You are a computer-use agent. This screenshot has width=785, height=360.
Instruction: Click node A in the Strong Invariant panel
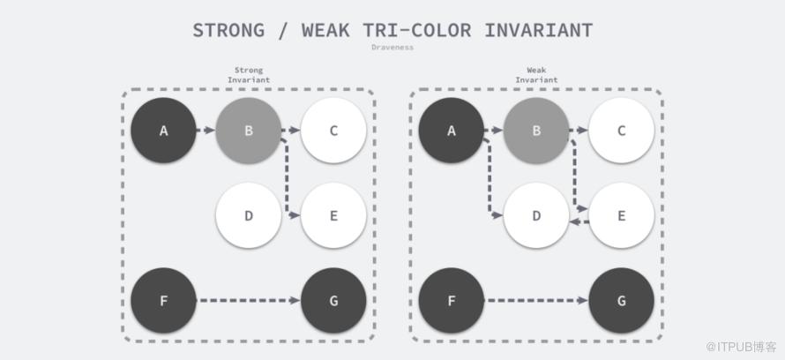tap(163, 131)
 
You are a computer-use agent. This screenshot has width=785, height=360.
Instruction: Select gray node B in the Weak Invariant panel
tap(536, 131)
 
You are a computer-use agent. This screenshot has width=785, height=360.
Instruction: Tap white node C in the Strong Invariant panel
tap(333, 131)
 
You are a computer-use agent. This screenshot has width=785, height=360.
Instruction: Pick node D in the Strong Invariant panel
tap(249, 215)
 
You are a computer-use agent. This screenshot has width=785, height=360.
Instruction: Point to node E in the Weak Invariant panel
tap(621, 215)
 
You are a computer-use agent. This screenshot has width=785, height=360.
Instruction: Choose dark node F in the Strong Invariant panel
tap(163, 300)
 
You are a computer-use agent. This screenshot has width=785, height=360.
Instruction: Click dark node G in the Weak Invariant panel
tap(621, 300)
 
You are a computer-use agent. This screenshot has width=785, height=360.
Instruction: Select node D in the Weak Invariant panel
tap(536, 215)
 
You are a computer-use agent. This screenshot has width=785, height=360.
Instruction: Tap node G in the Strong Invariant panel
tap(333, 300)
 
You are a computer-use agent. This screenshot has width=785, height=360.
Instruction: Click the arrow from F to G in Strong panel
tap(250, 300)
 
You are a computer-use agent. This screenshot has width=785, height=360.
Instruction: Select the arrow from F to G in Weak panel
tap(537, 300)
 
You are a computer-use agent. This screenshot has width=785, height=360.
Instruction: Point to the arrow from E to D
tap(579, 221)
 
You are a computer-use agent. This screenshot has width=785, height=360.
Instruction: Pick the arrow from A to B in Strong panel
tap(206, 131)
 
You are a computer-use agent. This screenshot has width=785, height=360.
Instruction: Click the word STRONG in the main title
tap(228, 31)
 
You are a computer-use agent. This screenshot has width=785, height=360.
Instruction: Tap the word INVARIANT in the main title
tap(539, 31)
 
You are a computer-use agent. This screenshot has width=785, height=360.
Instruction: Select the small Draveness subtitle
tap(392, 47)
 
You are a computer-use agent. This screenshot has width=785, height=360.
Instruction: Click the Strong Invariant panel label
tap(249, 75)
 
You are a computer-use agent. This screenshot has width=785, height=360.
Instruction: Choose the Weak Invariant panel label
tap(536, 75)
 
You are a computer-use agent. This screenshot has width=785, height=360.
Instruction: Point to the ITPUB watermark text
tap(741, 347)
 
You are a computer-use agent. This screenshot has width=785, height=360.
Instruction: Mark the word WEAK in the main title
tap(326, 31)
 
